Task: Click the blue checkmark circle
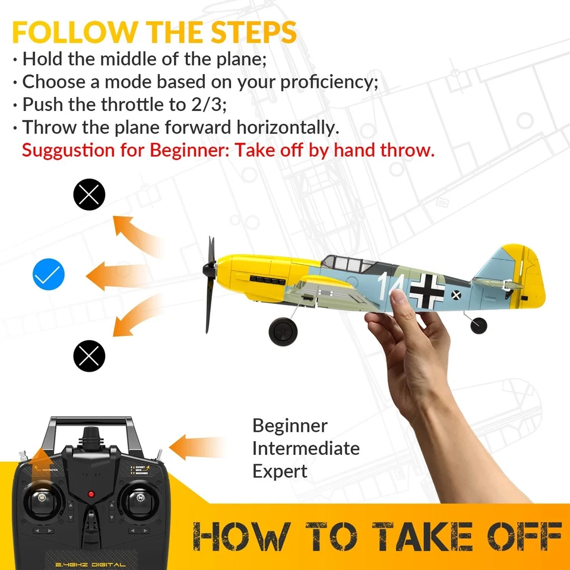(x=49, y=274)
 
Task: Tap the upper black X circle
(x=89, y=194)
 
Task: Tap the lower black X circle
(x=89, y=356)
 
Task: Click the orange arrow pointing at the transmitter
(x=196, y=446)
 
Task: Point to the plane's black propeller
(x=210, y=284)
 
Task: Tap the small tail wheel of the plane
(x=478, y=325)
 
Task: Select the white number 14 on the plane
(x=393, y=286)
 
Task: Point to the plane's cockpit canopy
(x=347, y=262)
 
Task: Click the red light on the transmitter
(x=91, y=494)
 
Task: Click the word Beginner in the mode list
(x=290, y=426)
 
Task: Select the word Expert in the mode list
(x=280, y=471)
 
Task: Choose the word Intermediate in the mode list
(x=306, y=448)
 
